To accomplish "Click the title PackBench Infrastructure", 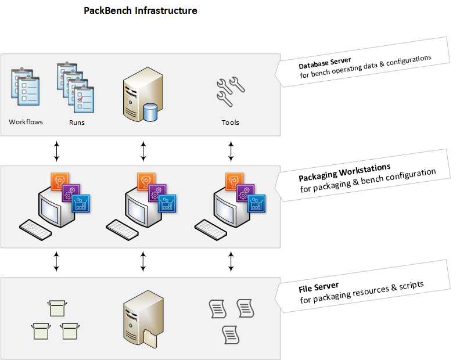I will click(141, 10).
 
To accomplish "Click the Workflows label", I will click(26, 122).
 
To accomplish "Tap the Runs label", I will click(77, 123).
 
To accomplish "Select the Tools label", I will click(231, 123).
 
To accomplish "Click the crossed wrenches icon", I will click(231, 92).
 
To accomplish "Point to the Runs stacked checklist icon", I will click(76, 88).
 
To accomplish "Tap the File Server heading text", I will click(319, 286).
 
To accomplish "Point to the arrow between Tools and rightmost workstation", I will click(231, 151).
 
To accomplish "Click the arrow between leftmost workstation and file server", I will click(56, 261).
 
